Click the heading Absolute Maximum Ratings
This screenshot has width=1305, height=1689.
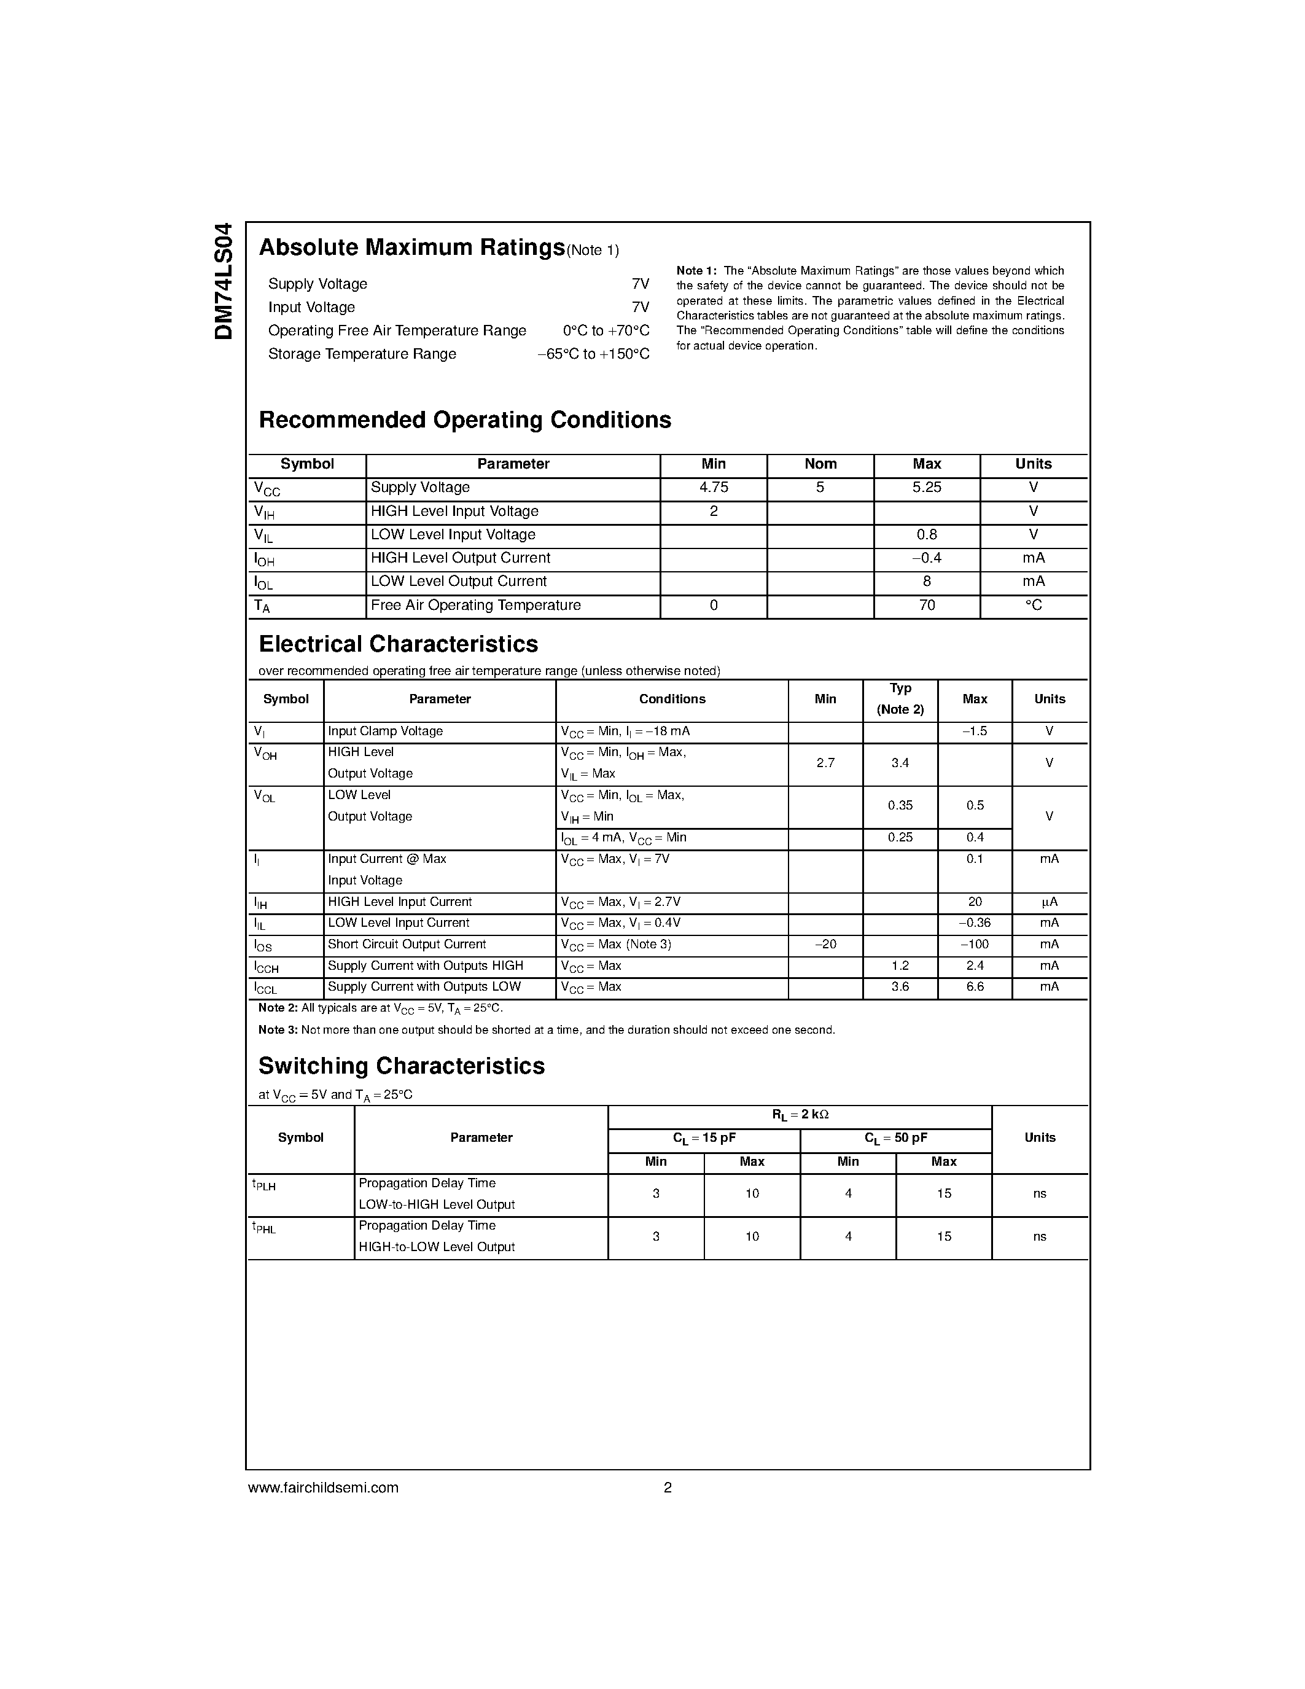[x=411, y=248]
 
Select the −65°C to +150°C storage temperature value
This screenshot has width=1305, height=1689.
[x=593, y=354]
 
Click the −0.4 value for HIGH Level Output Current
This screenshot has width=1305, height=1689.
[x=926, y=558]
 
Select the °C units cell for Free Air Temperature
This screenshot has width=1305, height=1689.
[x=1033, y=606]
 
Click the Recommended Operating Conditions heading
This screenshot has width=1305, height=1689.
[x=465, y=420]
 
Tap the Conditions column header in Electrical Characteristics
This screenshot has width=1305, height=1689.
[x=672, y=699]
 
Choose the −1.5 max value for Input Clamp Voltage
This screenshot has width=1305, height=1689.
[x=974, y=731]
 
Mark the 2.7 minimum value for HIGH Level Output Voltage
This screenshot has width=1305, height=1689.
[x=825, y=763]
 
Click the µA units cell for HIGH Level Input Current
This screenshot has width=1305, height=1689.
[x=1049, y=902]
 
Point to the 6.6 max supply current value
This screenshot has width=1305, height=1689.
[x=974, y=988]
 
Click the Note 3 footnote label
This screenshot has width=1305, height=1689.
[x=278, y=1031]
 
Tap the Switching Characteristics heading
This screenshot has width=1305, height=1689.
[x=401, y=1066]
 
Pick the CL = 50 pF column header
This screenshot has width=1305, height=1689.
[x=895, y=1138]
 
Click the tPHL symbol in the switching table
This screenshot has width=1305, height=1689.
[x=263, y=1228]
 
